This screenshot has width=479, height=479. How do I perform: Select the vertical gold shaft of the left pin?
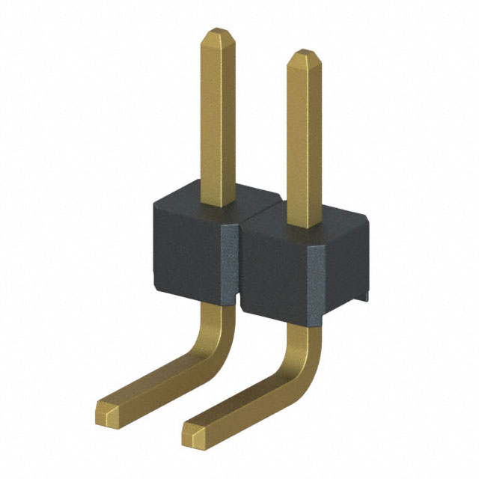217,120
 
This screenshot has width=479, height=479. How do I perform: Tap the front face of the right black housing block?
277,273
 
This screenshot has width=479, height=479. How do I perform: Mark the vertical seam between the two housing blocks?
239,262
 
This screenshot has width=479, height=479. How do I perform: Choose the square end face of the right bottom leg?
193,433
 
